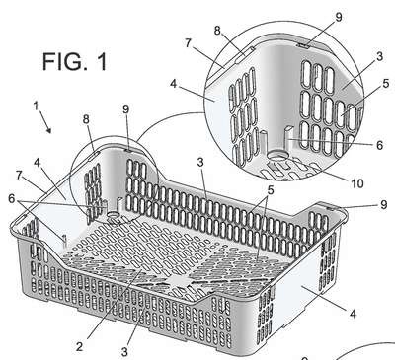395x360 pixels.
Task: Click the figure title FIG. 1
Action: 75,61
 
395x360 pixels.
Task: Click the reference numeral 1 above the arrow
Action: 36,106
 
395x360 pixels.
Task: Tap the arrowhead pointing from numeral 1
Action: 49,130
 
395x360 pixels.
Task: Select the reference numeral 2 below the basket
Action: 79,346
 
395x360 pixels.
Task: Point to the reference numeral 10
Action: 357,183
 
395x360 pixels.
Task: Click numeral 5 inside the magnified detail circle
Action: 386,84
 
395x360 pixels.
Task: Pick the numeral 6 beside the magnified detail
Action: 379,145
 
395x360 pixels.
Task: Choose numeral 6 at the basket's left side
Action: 12,198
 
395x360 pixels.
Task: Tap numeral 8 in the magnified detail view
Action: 217,31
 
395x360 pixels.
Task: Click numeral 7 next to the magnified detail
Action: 188,42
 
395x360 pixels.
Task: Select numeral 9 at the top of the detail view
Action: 339,17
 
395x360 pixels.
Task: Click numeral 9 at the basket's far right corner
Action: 383,205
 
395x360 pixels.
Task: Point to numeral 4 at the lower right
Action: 353,314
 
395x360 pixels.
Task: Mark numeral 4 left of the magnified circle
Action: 174,84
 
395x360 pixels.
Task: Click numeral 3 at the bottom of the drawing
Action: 124,352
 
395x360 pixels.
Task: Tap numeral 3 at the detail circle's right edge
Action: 380,56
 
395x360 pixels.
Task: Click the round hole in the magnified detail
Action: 277,156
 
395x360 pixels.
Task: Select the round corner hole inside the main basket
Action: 114,215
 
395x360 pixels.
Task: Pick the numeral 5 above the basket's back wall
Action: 271,190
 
